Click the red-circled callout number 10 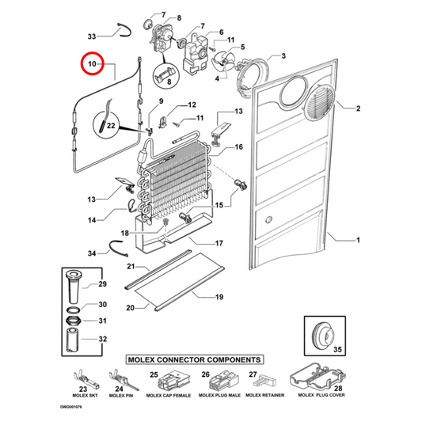pyautogui.click(x=92, y=63)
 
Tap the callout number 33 pyautogui.click(x=92, y=36)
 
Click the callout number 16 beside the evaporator pyautogui.click(x=238, y=147)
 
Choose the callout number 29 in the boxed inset pyautogui.click(x=102, y=284)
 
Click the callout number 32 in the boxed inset pyautogui.click(x=102, y=338)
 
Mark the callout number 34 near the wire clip pyautogui.click(x=92, y=253)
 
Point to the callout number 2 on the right pyautogui.click(x=357, y=108)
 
